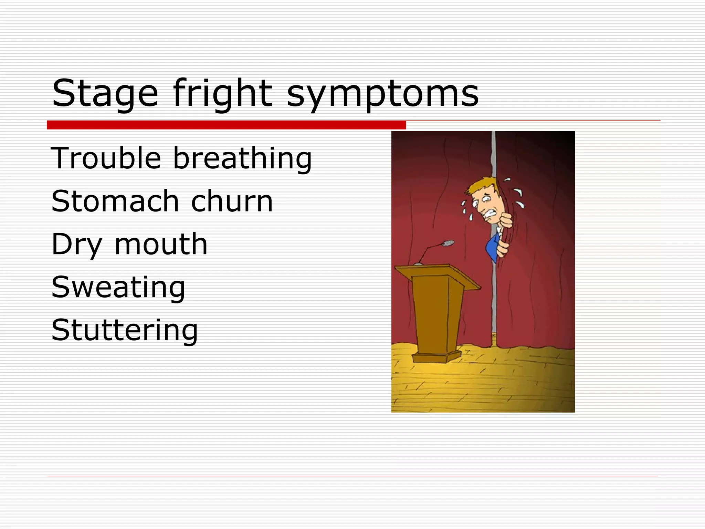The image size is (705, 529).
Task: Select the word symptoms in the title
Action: (382, 95)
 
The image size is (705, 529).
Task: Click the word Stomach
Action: (115, 201)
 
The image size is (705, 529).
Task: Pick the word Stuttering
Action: (124, 331)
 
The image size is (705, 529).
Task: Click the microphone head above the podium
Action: (448, 243)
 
